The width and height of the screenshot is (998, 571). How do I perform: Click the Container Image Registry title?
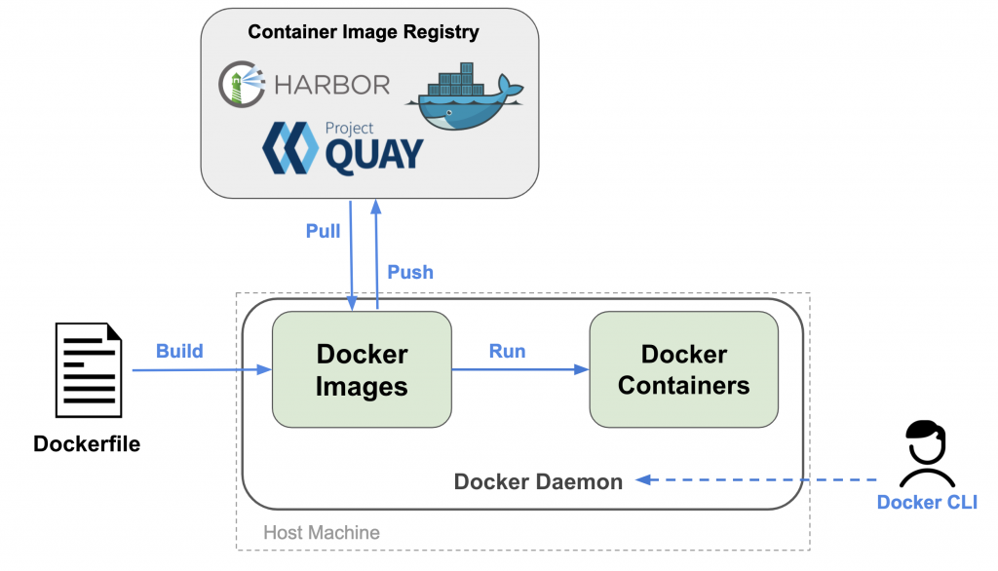point(364,32)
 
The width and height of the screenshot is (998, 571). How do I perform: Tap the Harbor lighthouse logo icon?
point(241,83)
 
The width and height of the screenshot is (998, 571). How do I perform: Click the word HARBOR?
point(332,84)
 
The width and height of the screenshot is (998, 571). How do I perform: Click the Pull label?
point(324,231)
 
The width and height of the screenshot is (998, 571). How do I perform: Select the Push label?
point(410,272)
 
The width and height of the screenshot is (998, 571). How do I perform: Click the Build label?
point(179,351)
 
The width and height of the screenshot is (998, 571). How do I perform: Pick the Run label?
point(508,351)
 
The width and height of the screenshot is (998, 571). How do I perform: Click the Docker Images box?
point(362,369)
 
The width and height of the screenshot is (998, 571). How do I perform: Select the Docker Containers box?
point(683,369)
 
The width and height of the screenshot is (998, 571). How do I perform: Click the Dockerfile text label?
point(87,444)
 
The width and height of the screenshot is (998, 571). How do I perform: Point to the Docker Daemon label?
point(538,481)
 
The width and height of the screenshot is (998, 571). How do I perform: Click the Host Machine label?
point(322,533)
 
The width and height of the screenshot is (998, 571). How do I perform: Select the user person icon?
point(927,454)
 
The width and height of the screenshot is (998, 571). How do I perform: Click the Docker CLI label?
point(927,503)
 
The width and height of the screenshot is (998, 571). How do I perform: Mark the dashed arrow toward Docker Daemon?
point(760,479)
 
